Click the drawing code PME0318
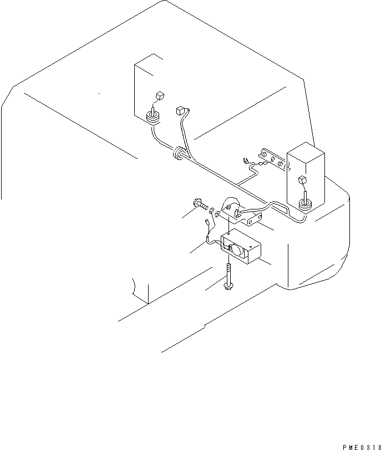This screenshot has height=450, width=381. click(362, 447)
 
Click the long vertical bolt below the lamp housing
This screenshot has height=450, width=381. click(228, 277)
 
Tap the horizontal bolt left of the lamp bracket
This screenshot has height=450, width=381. click(201, 205)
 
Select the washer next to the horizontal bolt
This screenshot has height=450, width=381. click(212, 211)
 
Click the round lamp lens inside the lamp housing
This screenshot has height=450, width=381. click(237, 249)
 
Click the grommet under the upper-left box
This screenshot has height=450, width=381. click(153, 117)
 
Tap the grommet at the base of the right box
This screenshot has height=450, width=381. click(305, 206)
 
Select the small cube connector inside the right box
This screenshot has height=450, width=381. click(302, 181)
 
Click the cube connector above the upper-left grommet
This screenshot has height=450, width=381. click(160, 96)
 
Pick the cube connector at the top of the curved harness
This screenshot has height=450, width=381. click(180, 111)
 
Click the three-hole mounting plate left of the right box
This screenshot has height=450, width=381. click(273, 159)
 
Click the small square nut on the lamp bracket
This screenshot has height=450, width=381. click(228, 207)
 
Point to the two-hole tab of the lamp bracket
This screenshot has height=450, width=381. click(253, 219)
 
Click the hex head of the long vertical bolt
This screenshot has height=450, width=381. click(228, 286)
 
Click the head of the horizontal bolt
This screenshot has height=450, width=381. click(197, 203)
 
